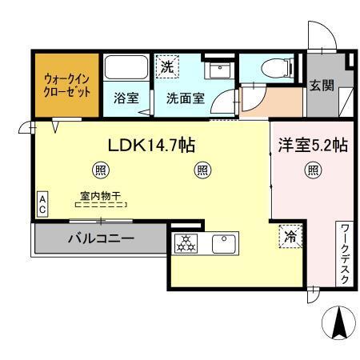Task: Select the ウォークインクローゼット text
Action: pyautogui.click(x=66, y=85)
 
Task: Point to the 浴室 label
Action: pyautogui.click(x=126, y=99)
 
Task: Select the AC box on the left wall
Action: pyautogui.click(x=42, y=203)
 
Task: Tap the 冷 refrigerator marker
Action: pyautogui.click(x=289, y=238)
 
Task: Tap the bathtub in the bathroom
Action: pyautogui.click(x=126, y=70)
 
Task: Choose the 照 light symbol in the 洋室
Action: pyautogui.click(x=312, y=170)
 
